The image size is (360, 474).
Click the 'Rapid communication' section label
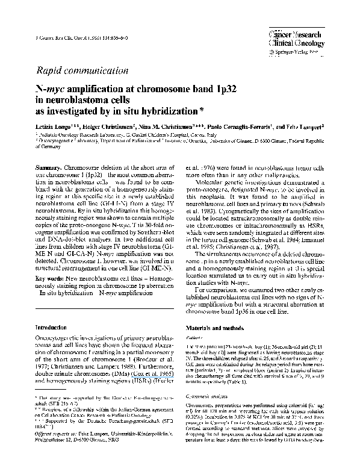click(81, 70)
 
